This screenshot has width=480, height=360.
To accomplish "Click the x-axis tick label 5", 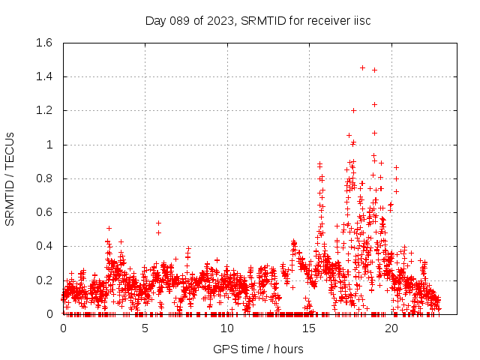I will [x=145, y=328].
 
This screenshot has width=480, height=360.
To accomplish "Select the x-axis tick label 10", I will [x=226, y=328].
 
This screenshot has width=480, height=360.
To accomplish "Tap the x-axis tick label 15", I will [x=308, y=328].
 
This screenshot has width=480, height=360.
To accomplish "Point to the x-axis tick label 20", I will [x=390, y=328].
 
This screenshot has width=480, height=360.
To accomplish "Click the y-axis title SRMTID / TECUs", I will [x=10, y=178].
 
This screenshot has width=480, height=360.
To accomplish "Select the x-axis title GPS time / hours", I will [x=258, y=349].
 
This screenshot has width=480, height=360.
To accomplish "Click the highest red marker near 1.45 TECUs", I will [x=362, y=67].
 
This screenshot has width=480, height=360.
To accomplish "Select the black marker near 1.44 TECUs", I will [x=374, y=70].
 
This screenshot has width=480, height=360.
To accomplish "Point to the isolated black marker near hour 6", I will [x=158, y=223].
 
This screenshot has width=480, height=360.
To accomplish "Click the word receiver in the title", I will [x=325, y=20].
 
